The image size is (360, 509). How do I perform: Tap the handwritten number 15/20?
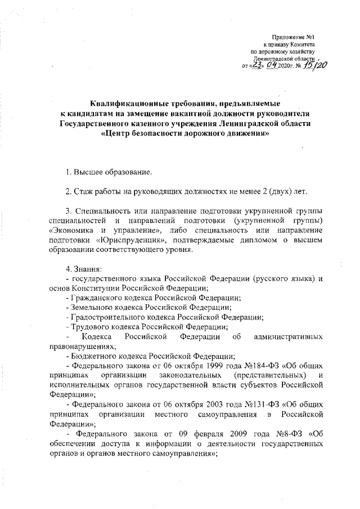(314, 66)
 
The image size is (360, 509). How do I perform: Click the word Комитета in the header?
(307, 44)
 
